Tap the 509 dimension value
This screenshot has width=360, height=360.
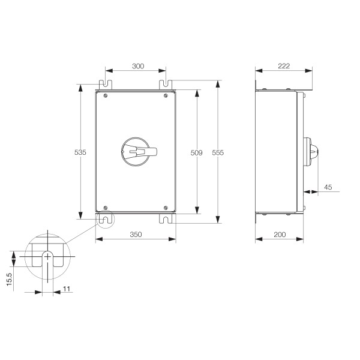pyautogui.click(x=197, y=152)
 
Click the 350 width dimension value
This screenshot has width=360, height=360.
pyautogui.click(x=135, y=235)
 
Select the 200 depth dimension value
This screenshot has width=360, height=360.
pyautogui.click(x=280, y=235)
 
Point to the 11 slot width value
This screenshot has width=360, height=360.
pyautogui.click(x=67, y=289)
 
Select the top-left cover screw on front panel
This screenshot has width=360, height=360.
pyautogui.click(x=106, y=95)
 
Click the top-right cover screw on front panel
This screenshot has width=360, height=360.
pyautogui.click(x=166, y=95)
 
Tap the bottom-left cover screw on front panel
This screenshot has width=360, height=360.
pyautogui.click(x=106, y=208)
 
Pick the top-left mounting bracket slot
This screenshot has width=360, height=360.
pyautogui.click(x=106, y=84)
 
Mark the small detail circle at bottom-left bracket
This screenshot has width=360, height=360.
pyautogui.click(x=106, y=220)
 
